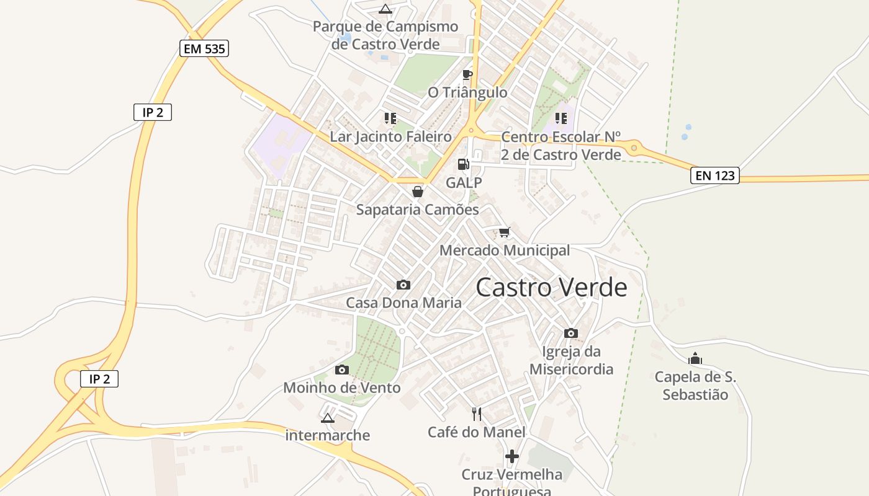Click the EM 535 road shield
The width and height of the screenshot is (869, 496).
click(204, 48)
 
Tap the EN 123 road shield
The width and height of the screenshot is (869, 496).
click(714, 175)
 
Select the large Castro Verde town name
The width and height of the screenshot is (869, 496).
click(551, 288)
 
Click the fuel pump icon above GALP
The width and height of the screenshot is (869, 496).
click(464, 164)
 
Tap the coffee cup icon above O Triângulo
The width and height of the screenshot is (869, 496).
click(467, 75)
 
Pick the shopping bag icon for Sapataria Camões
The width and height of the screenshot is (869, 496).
click(418, 192)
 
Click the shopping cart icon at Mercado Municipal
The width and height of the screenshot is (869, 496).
click(505, 232)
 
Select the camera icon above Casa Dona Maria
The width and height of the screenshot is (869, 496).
click(403, 285)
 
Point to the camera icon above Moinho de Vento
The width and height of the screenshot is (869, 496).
click(341, 370)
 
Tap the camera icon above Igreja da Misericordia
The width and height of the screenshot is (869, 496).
click(571, 333)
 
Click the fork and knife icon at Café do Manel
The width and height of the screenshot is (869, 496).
click(477, 414)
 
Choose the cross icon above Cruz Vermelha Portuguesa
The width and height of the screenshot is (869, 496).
click(512, 456)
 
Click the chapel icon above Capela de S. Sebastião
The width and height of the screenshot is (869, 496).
click(695, 358)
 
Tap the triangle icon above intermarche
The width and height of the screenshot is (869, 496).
click(328, 418)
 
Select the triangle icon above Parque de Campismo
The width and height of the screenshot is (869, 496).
click(385, 9)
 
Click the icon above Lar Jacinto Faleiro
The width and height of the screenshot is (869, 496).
click(390, 118)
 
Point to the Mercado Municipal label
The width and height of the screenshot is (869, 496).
click(505, 250)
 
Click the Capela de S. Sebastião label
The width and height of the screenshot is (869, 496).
click(695, 386)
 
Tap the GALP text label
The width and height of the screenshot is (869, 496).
click(464, 182)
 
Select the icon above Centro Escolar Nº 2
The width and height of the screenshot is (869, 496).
click(561, 118)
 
